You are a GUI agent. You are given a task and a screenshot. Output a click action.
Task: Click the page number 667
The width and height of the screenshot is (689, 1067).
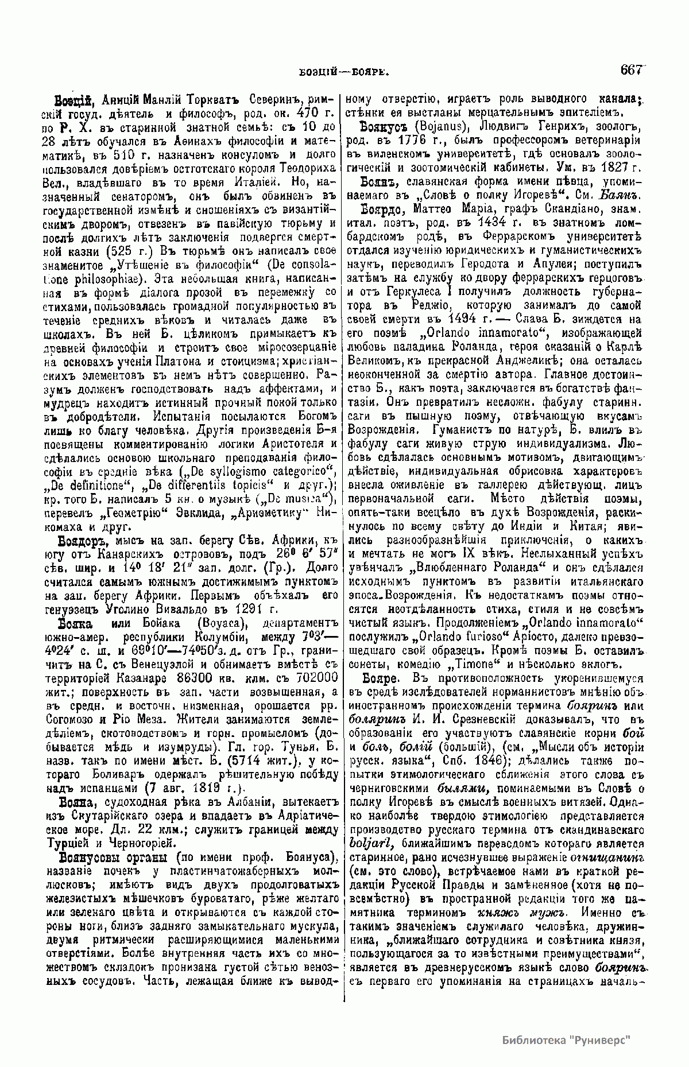pyautogui.click(x=630, y=70)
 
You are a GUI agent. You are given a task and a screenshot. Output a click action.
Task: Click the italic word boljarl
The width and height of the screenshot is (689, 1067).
pyautogui.click(x=373, y=843)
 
